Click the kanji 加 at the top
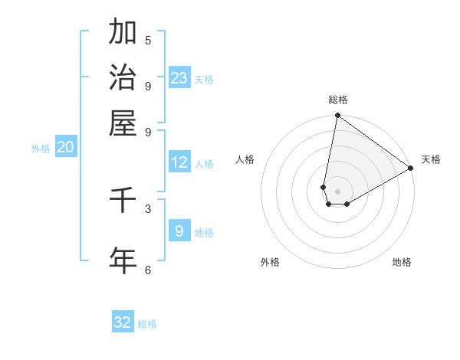123,33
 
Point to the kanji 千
123,200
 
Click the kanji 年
123,259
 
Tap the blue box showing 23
179,78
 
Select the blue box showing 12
179,162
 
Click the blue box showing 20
65,148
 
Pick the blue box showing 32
123,322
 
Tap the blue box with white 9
179,231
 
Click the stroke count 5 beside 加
148,41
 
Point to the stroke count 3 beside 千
148,208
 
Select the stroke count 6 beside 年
148,270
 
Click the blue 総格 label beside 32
147,324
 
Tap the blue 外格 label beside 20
41,149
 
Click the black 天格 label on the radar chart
431,159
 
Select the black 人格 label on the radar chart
245,159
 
